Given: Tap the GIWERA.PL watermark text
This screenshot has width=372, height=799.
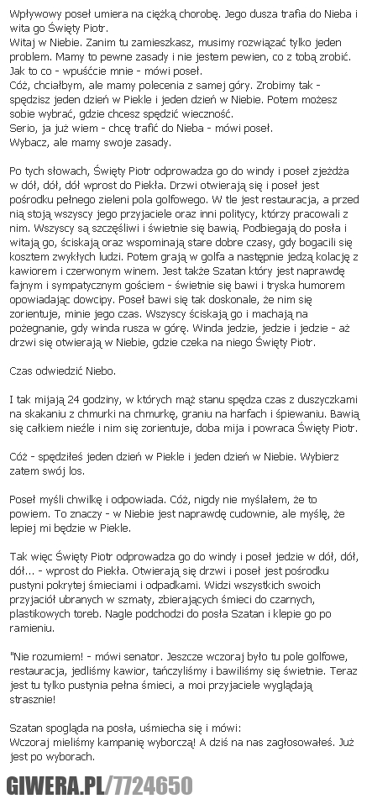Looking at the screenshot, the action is [x=51, y=785].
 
